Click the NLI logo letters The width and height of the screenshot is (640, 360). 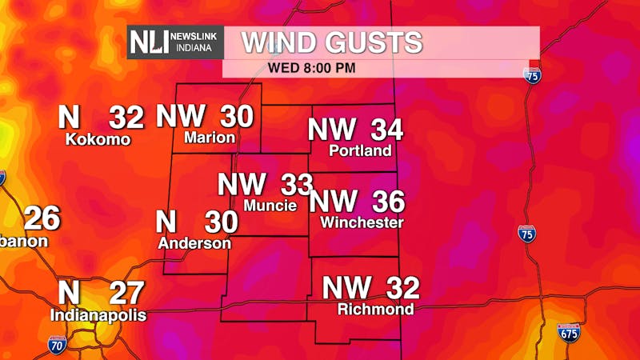150,42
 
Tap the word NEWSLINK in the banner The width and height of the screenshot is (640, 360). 194,36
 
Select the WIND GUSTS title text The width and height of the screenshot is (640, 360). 332,42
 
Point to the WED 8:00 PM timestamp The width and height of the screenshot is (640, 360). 312,67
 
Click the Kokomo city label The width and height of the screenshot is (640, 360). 98,139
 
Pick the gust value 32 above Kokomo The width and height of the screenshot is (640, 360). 126,118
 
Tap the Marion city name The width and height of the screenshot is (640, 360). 210,138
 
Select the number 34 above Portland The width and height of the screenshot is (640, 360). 386,129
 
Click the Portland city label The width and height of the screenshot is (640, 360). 361,150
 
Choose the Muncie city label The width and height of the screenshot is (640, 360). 270,206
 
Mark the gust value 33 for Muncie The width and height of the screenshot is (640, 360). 296,185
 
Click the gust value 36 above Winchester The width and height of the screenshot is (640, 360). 388,202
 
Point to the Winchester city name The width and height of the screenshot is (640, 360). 362,222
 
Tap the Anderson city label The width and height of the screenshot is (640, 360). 194,242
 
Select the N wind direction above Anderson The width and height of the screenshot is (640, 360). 166,222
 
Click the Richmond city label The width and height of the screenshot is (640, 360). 375,309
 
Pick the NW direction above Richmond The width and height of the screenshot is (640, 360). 346,287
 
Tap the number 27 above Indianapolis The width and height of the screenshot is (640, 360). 126,293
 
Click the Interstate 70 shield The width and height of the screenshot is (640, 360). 56,345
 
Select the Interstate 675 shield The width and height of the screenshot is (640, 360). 569,333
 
